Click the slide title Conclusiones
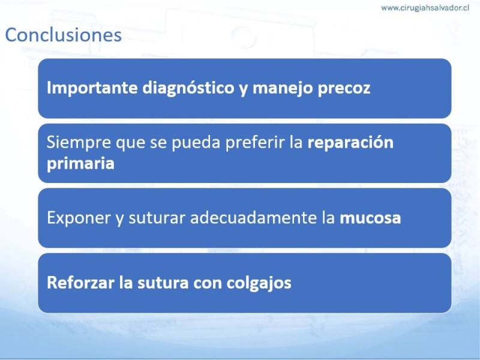tap(64, 35)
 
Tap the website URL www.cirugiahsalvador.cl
tap(425, 8)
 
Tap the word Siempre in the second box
tap(79, 143)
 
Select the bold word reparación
tap(350, 143)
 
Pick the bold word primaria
tap(80, 163)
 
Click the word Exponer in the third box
tap(79, 218)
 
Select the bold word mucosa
tap(370, 218)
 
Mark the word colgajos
tap(259, 283)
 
